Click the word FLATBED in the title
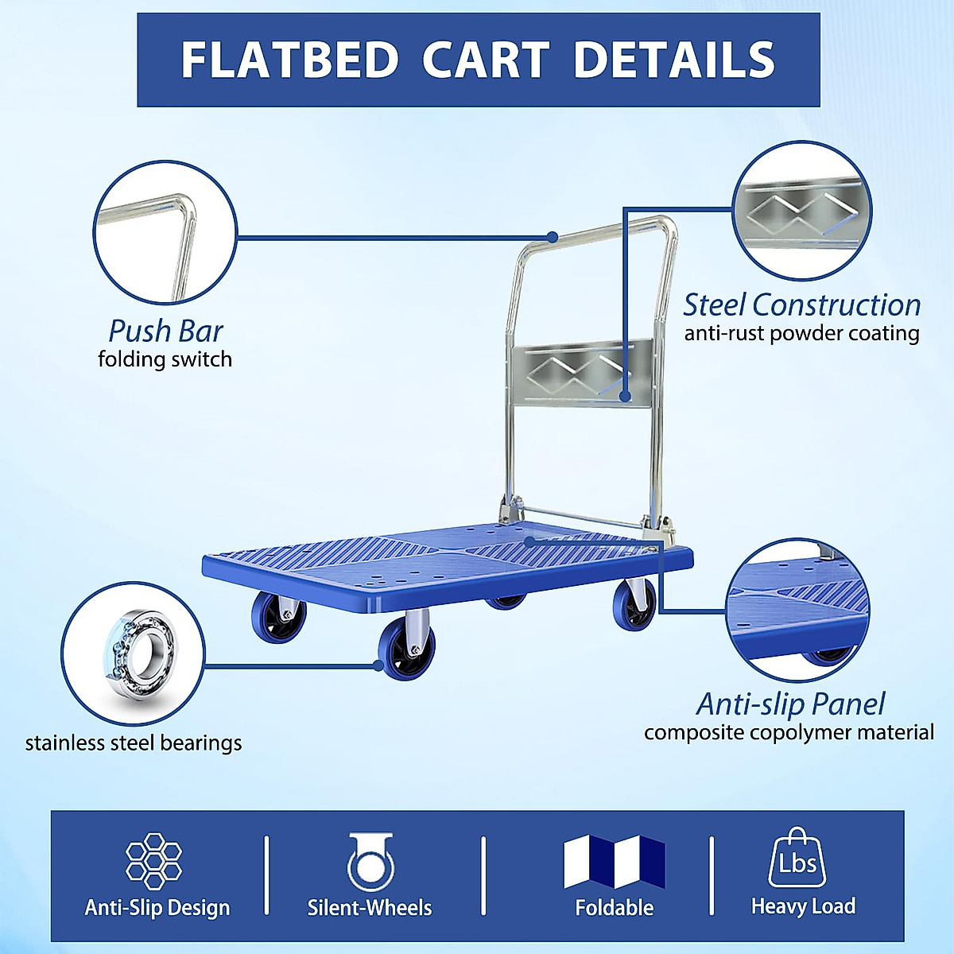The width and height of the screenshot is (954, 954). (289, 60)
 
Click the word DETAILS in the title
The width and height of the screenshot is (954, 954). (673, 60)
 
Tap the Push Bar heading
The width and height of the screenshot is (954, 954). (165, 331)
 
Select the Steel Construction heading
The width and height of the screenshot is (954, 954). (801, 305)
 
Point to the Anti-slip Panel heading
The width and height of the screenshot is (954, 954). (790, 704)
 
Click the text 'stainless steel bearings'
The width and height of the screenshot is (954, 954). (134, 743)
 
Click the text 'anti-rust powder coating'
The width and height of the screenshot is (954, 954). (801, 333)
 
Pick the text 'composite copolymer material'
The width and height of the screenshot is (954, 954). (789, 732)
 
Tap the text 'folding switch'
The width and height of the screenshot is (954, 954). (165, 359)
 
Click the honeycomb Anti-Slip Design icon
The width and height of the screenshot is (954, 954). (154, 860)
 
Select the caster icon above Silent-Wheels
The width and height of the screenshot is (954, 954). (370, 863)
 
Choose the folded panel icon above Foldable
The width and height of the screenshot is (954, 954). (614, 862)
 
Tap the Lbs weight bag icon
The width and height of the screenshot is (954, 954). (797, 859)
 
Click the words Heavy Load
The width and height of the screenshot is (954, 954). (803, 906)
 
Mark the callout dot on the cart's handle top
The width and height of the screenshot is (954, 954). (553, 237)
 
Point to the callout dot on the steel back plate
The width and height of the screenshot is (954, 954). (626, 396)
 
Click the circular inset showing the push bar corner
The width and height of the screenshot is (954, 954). (165, 232)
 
